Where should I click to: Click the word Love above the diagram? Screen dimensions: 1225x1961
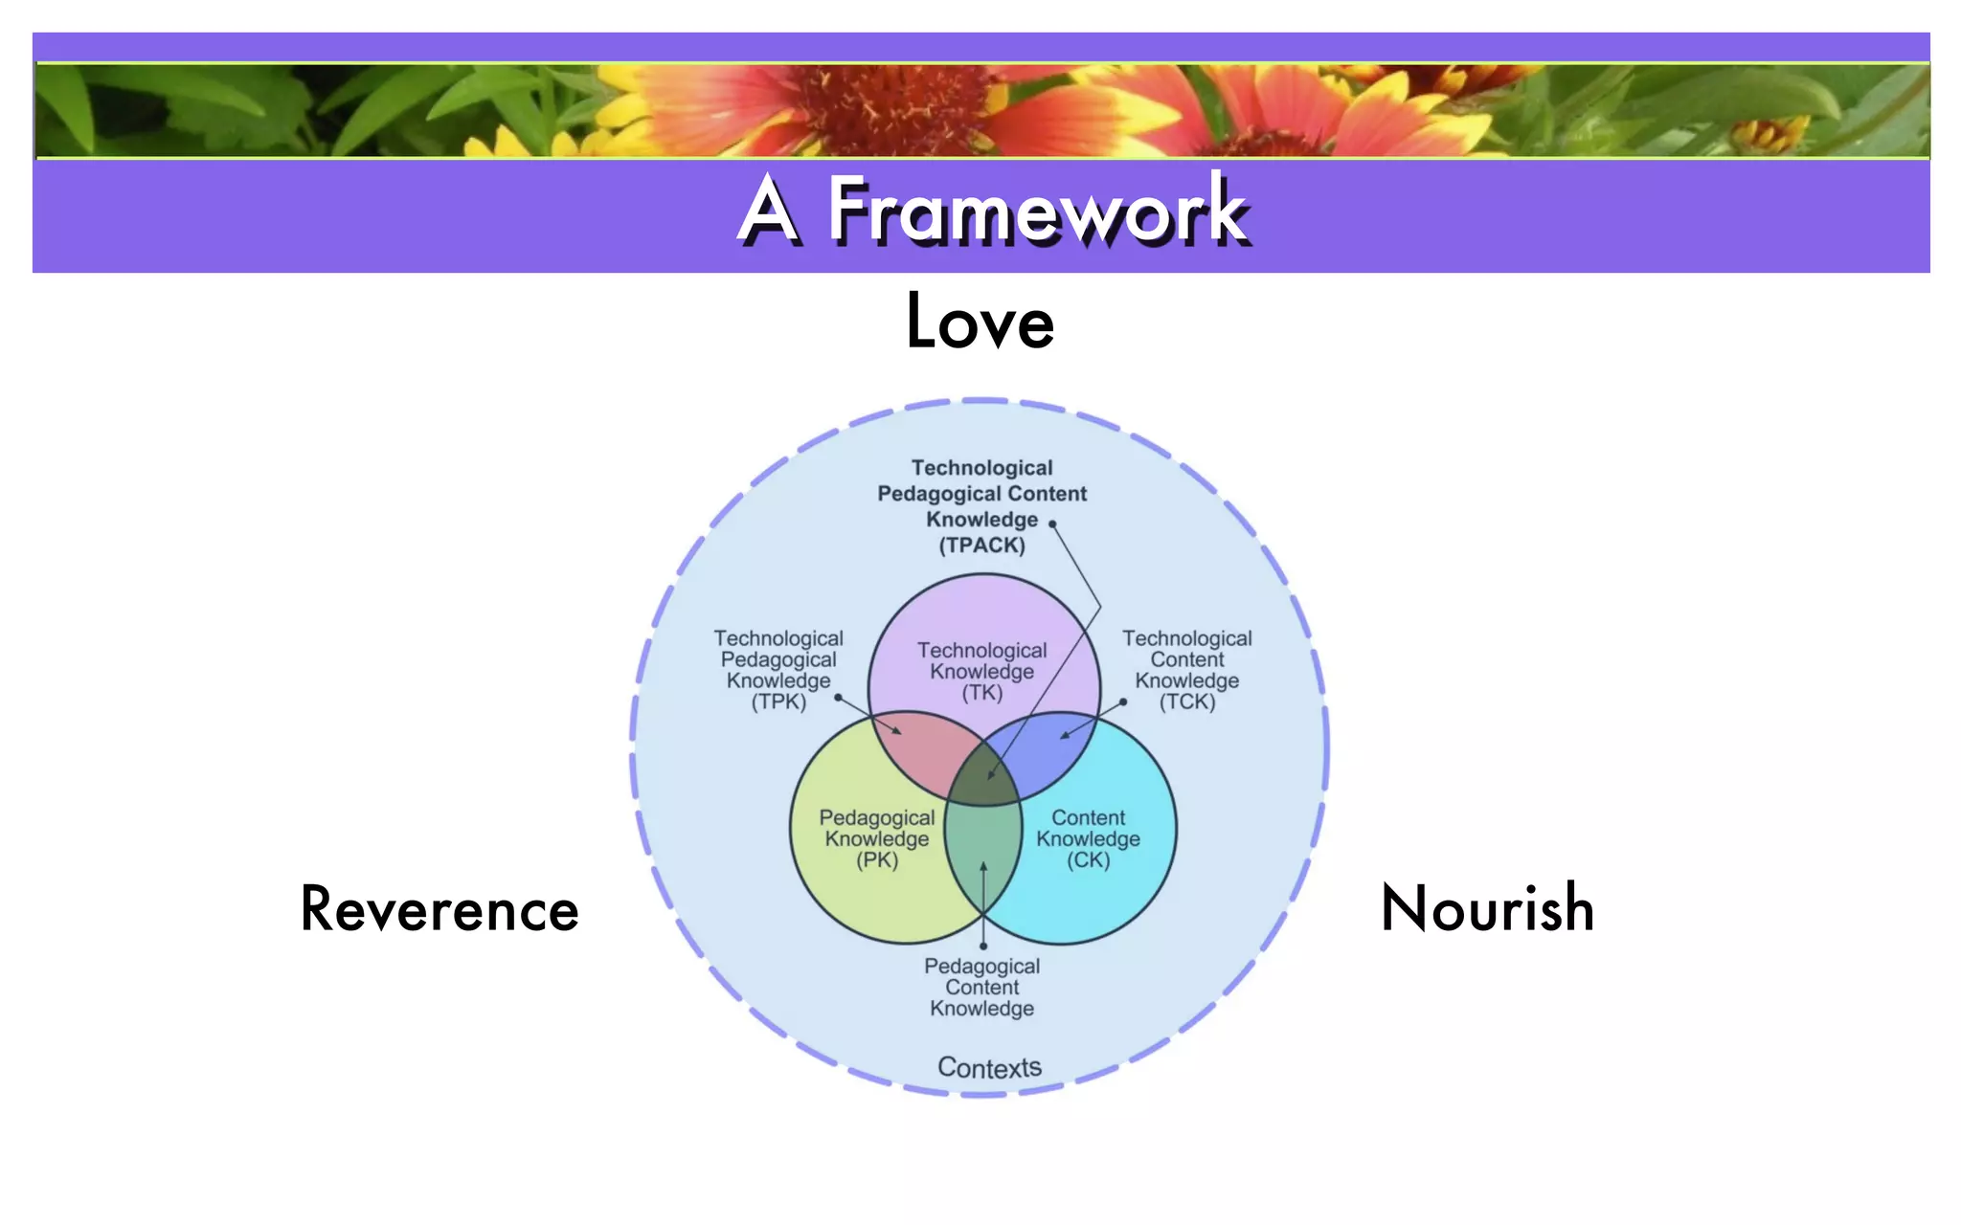980,323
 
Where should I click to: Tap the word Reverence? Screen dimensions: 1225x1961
440,909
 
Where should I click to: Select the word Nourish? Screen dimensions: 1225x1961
1487,908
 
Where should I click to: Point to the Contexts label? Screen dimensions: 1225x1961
989,1067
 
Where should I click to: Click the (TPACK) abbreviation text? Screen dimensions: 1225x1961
981,546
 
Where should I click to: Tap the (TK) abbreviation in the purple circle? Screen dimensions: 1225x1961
982,693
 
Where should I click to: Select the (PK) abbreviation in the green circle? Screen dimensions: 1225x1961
877,859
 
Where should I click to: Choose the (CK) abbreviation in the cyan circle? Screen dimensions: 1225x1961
1089,859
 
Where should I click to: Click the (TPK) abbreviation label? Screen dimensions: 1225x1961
778,702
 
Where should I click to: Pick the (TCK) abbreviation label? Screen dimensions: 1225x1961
1187,702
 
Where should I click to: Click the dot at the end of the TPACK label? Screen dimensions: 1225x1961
1052,523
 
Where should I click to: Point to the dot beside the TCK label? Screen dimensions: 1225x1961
1123,702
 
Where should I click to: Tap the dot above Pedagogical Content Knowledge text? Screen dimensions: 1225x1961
983,947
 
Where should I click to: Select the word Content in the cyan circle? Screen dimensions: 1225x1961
1089,818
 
